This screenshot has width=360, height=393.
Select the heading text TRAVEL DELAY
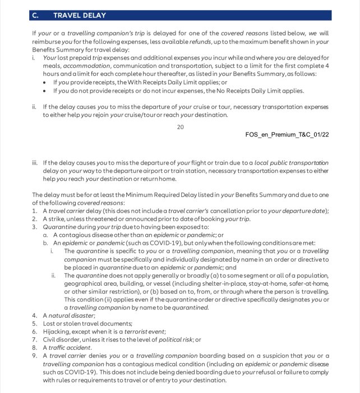click(79, 16)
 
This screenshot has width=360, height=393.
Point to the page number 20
click(180, 127)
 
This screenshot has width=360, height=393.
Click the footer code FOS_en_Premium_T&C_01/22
click(287, 135)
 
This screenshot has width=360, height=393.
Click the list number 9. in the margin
click(35, 356)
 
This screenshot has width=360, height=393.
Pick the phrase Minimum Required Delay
click(141, 194)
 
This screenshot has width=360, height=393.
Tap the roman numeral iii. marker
click(35, 163)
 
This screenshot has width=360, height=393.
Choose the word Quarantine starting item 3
click(62, 227)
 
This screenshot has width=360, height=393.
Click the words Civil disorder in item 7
click(62, 340)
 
